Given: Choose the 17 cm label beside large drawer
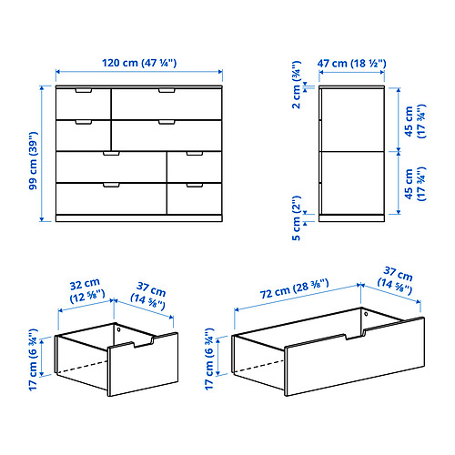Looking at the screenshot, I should [x=213, y=352].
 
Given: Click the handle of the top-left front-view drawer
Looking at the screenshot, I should [x=83, y=91].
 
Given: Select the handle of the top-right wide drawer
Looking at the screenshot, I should [x=167, y=91].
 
